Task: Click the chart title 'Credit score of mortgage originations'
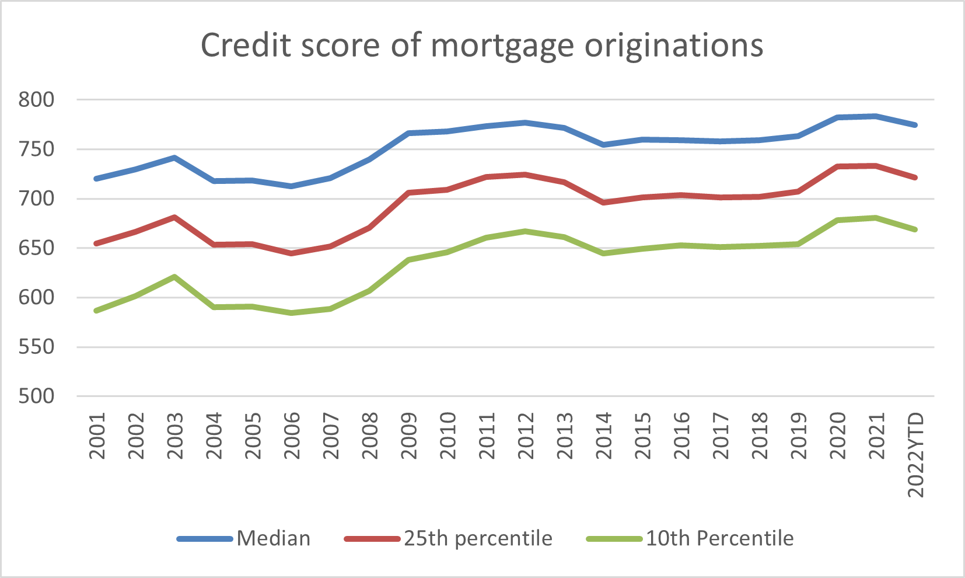[482, 45]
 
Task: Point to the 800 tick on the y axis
[36, 100]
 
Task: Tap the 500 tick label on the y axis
[36, 396]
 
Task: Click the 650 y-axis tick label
[36, 248]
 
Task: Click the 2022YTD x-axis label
[916, 454]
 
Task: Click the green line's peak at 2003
[174, 276]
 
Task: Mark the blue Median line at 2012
[526, 123]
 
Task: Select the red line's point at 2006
[291, 253]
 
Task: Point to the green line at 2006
[291, 313]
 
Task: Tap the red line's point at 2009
[408, 192]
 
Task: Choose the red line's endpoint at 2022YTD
[915, 177]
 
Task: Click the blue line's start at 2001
[96, 178]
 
